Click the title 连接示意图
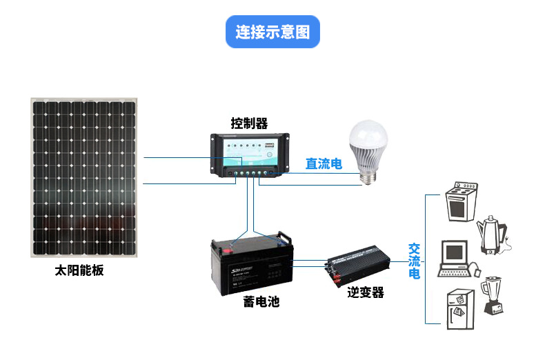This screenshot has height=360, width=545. click(x=272, y=32)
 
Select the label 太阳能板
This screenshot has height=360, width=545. click(x=79, y=270)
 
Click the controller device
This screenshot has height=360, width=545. click(x=249, y=157)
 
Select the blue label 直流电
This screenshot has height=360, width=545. click(x=324, y=164)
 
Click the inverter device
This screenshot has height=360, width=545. click(x=357, y=266)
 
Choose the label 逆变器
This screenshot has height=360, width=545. click(x=365, y=292)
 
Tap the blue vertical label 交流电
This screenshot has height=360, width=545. click(x=414, y=261)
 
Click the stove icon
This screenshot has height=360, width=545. click(x=461, y=201)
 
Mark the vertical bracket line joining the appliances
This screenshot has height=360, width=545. click(x=426, y=259)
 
